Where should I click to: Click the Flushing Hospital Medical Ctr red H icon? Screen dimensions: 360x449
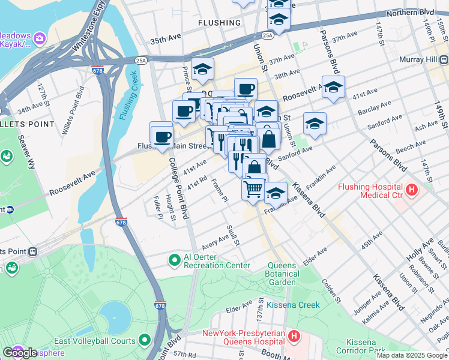(412, 190)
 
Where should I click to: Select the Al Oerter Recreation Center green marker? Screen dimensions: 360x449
(174, 260)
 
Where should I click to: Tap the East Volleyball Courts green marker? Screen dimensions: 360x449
(144, 340)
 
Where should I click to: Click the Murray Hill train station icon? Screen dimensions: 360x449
(444, 60)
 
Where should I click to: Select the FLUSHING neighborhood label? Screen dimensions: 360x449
(219, 23)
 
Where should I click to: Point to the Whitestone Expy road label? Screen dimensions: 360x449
(88, 26)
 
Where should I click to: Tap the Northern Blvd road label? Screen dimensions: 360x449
(410, 12)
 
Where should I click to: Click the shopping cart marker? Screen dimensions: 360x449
(253, 188)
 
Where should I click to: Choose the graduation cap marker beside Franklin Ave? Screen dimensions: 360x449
(276, 193)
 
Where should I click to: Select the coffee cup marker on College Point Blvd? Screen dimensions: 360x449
(161, 136)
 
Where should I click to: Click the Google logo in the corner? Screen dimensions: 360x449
(19, 353)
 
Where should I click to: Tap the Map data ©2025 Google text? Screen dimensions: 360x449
(411, 355)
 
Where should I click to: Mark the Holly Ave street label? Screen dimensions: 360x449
(427, 245)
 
